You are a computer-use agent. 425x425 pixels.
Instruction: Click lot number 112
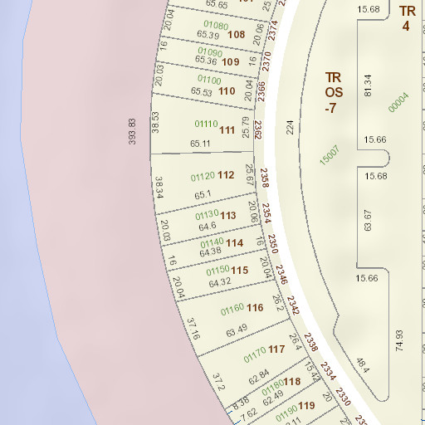pos(226,175)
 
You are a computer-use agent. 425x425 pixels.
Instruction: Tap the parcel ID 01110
pos(206,124)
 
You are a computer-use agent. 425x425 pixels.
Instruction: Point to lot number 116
pos(255,308)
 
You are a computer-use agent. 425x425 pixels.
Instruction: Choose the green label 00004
pos(399,102)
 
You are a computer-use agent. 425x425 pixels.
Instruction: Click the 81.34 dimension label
pos(368,85)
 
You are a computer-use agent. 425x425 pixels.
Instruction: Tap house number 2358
pos(264,178)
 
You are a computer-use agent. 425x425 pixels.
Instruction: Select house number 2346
pos(281,275)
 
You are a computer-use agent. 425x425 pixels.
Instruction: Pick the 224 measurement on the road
pos(290,127)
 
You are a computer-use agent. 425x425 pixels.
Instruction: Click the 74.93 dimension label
pos(399,339)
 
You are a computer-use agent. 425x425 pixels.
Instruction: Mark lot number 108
pos(236,35)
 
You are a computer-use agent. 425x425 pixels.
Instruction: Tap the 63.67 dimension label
pos(368,221)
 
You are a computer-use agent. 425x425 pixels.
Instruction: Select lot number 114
pos(235,243)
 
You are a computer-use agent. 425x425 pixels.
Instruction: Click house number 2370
pos(266,61)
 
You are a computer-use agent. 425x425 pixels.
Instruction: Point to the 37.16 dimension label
pos(193,329)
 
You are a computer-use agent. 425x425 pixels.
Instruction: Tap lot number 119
pos(306,406)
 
